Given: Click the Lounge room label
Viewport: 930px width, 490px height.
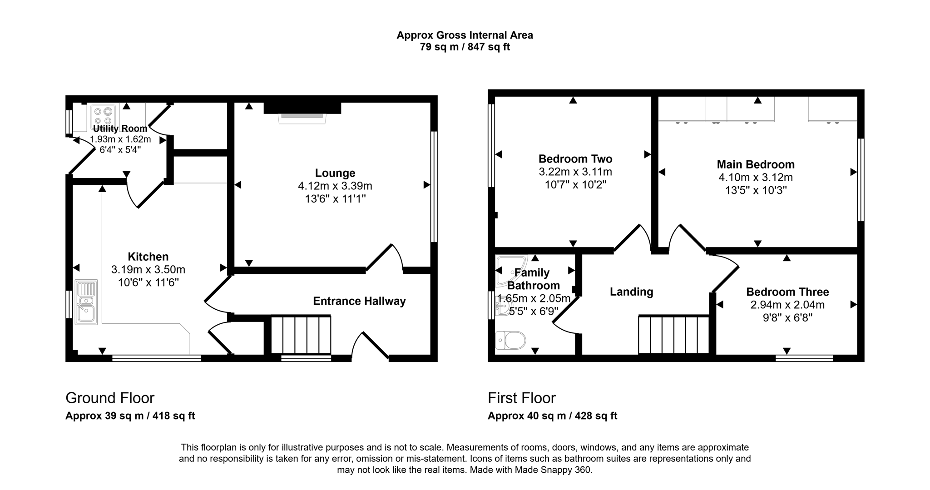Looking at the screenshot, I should tap(335, 173).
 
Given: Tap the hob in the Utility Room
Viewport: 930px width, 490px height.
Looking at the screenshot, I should tap(103, 115).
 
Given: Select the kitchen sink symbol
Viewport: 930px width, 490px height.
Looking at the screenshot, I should tap(86, 302).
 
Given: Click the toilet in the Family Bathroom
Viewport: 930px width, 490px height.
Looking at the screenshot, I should tap(511, 340).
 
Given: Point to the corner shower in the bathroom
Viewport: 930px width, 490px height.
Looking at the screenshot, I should tap(510, 271).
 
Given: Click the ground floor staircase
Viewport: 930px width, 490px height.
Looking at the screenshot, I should tap(301, 335).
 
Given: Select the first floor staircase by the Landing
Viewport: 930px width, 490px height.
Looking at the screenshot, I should tap(673, 335).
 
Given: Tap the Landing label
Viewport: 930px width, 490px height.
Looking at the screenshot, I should tap(631, 292).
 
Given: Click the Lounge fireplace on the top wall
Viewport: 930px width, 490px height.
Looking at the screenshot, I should tap(302, 111).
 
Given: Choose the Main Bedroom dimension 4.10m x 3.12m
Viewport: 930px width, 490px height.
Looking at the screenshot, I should tap(756, 178).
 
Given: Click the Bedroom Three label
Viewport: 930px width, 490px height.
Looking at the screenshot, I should tap(787, 292).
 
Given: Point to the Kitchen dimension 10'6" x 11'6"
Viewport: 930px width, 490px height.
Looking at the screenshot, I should tap(148, 282).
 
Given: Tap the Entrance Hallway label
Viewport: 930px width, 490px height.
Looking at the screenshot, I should tap(359, 301).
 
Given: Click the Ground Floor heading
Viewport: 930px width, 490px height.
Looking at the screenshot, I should tap(110, 398).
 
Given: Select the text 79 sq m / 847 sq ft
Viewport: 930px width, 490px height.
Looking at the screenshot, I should tap(465, 47).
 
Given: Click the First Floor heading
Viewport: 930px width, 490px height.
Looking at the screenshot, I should tap(521, 398).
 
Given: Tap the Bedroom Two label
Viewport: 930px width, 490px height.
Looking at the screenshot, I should tap(575, 159).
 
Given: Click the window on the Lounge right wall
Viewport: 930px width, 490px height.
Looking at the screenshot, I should tap(434, 187).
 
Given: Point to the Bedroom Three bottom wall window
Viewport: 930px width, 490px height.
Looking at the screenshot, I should tap(804, 358).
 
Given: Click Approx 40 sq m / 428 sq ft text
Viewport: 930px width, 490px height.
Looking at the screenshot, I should tap(552, 416).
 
